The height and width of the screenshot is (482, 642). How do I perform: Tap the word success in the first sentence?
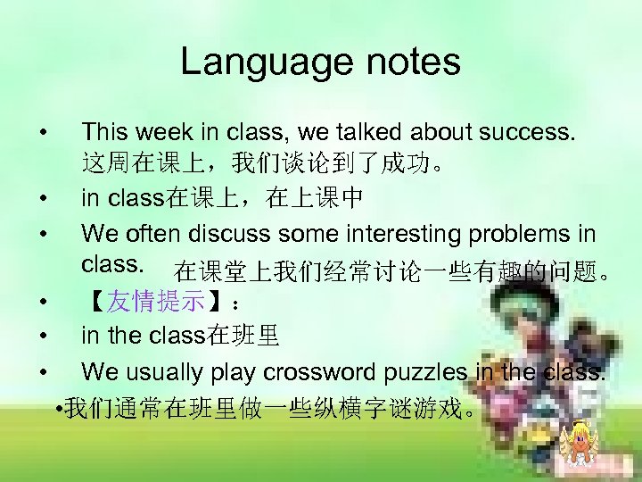pos(528,133)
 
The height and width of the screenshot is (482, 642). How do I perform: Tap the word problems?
pos(522,235)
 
